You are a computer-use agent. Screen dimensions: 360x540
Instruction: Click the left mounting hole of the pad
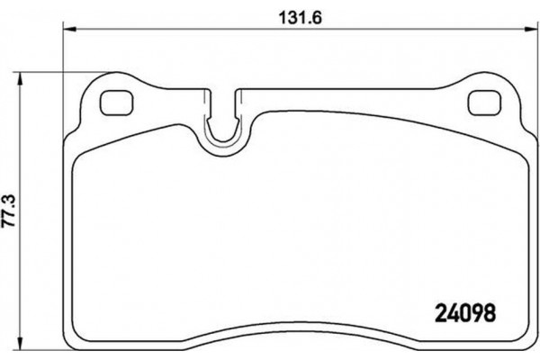click(x=114, y=104)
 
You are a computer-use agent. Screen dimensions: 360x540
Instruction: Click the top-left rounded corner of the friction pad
click(x=77, y=155)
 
